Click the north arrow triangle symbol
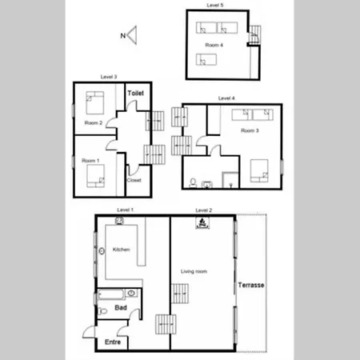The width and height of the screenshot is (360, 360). click(x=133, y=35)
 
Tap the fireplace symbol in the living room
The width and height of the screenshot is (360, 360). click(x=202, y=223)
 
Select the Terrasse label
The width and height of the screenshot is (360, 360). click(x=251, y=285)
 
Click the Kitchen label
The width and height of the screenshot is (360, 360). click(x=122, y=250)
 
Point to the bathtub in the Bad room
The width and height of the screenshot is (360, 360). click(x=111, y=294)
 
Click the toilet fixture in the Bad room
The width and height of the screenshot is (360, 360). click(x=102, y=311)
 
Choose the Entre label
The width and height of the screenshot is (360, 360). click(x=113, y=342)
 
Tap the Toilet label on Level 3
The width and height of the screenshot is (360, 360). click(x=136, y=93)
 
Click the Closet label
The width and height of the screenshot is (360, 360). click(x=134, y=180)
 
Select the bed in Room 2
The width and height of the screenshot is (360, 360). click(x=95, y=103)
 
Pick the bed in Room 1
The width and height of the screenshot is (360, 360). click(x=95, y=176)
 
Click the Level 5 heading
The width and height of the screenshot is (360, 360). click(x=215, y=5)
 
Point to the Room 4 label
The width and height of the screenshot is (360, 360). click(x=214, y=45)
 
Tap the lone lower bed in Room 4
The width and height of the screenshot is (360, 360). click(x=206, y=59)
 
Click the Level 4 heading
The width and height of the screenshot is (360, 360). click(x=226, y=98)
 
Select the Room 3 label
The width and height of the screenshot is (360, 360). click(x=250, y=130)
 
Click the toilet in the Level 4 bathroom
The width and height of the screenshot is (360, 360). click(x=193, y=183)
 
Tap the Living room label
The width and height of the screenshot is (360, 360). click(x=194, y=271)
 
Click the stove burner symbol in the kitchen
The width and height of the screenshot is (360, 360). click(x=119, y=221)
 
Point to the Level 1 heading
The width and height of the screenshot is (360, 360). click(x=125, y=210)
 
